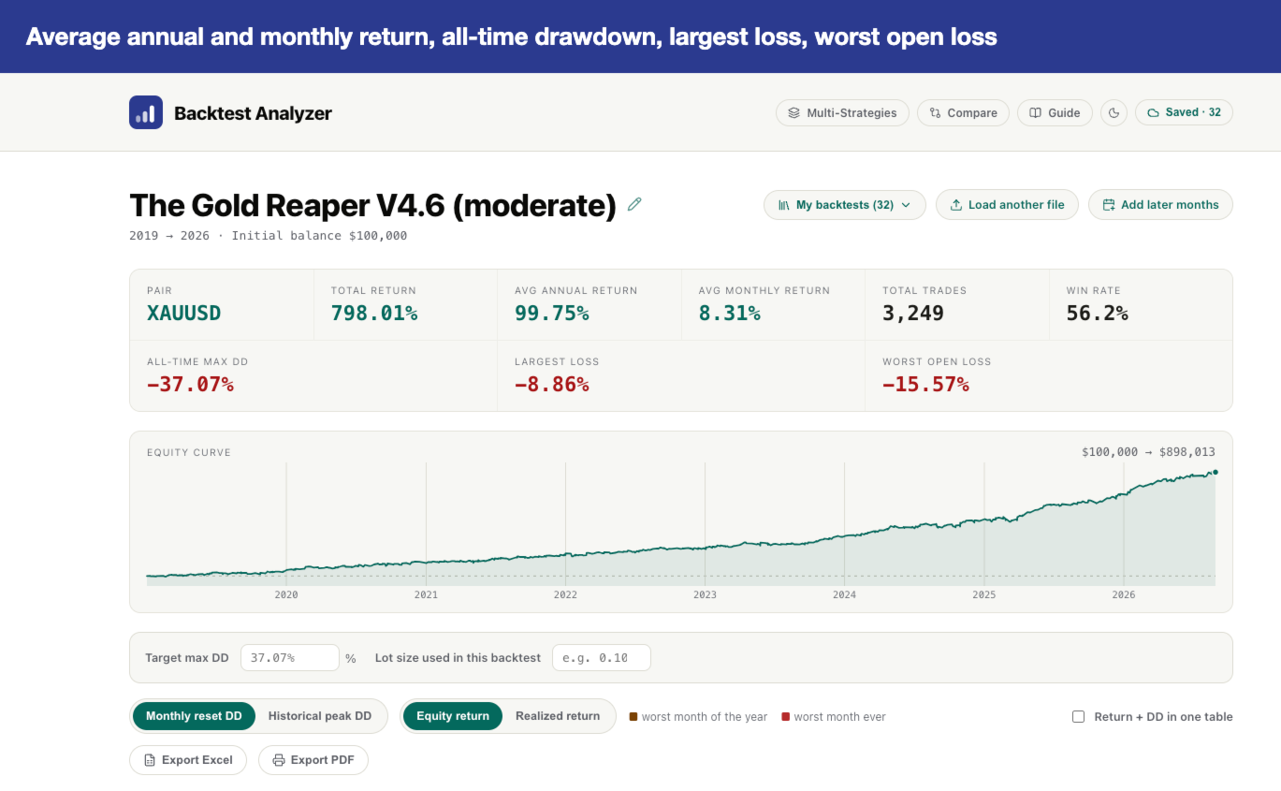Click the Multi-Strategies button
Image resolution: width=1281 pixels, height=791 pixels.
[x=842, y=112]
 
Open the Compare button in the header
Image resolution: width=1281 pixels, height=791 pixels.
[x=963, y=112]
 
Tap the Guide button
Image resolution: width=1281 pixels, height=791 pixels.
[x=1055, y=112]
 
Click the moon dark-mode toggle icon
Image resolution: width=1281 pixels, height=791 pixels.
[x=1114, y=112]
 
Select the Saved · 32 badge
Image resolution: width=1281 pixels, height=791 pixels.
[x=1184, y=112]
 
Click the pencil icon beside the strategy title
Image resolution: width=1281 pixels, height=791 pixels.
[x=634, y=204]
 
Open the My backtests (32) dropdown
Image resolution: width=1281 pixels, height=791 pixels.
[x=844, y=205]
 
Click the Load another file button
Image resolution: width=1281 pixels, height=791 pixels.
[x=1007, y=205]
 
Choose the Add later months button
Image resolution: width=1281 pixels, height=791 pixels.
[x=1160, y=205]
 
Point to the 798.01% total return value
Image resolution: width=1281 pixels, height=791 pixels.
[x=374, y=313]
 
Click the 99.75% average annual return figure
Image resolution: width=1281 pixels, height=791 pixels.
[x=551, y=313]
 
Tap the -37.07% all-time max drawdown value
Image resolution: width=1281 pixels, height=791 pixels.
[x=190, y=384]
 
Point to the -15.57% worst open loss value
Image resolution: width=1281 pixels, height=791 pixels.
[x=925, y=384]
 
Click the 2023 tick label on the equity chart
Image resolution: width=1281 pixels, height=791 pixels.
[x=705, y=594]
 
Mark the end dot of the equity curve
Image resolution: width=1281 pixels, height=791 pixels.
[x=1215, y=473]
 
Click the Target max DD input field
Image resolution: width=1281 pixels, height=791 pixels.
[x=289, y=658]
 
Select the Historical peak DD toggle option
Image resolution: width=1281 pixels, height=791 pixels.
[x=320, y=716]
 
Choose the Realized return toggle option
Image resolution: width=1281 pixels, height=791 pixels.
[x=558, y=716]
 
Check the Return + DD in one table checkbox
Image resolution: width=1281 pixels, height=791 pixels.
[x=1078, y=717]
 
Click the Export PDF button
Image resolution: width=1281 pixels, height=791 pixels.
[x=313, y=760]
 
